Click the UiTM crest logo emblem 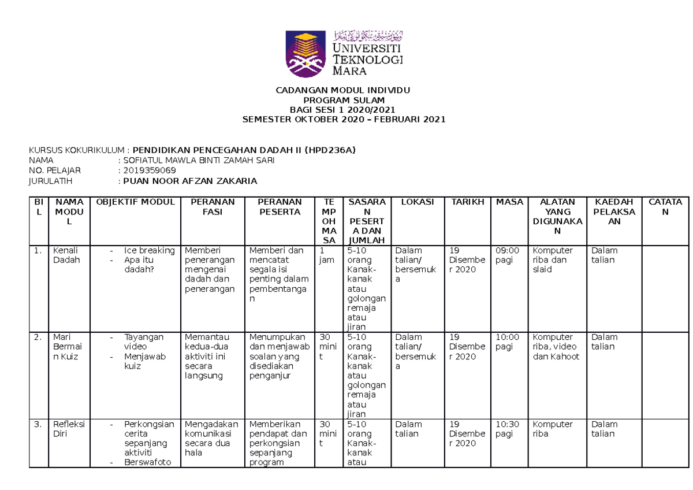[x=307, y=54]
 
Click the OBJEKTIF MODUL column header [x=135, y=202]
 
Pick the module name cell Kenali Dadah [x=65, y=255]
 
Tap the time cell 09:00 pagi [x=508, y=255]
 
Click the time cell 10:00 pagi [x=508, y=341]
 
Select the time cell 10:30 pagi [x=508, y=429]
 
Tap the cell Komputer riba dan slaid [x=553, y=259]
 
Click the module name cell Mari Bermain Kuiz [x=65, y=347]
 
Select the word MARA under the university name [x=349, y=71]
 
